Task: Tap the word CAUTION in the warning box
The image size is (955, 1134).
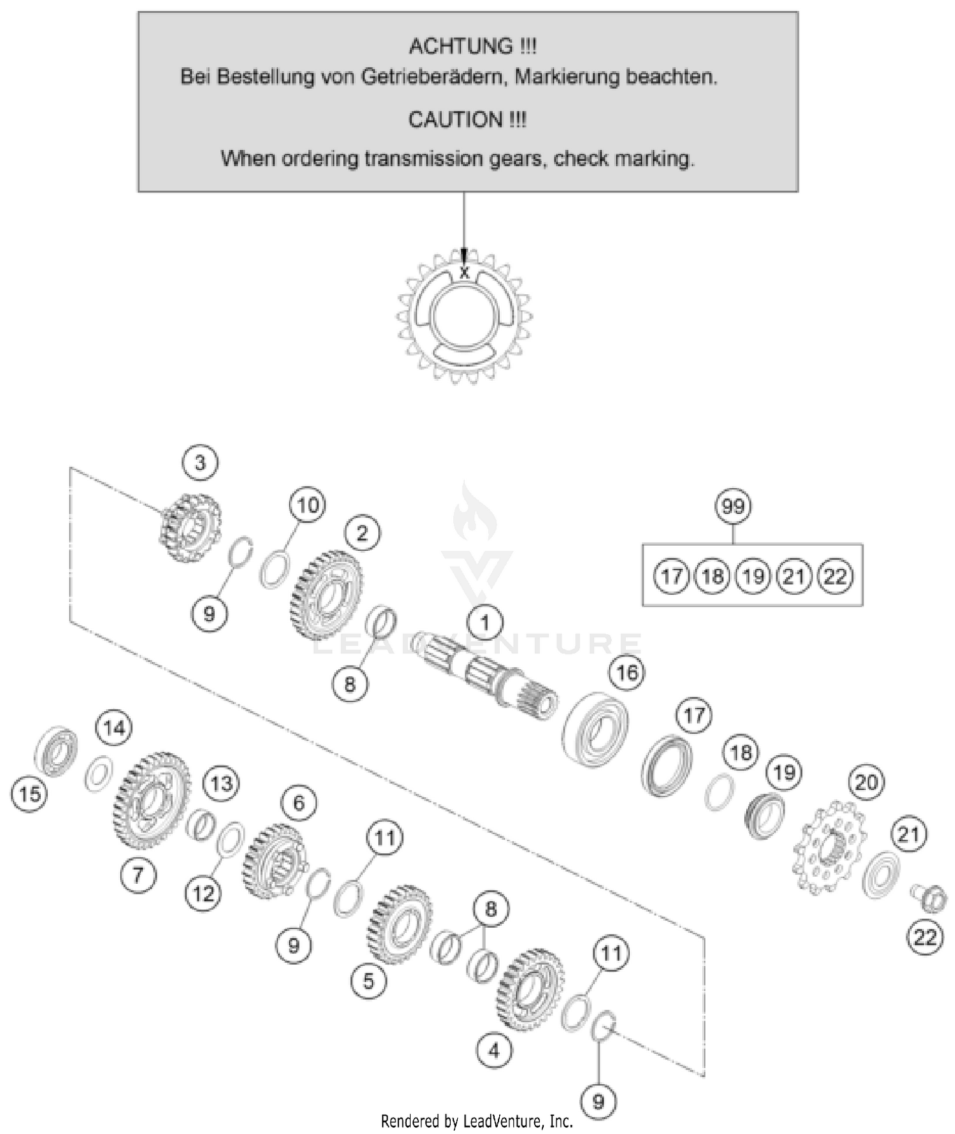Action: coord(455,120)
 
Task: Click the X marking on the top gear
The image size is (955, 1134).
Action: coord(465,273)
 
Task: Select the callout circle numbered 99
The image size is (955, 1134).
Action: coord(733,506)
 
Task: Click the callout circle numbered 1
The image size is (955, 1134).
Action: coord(485,622)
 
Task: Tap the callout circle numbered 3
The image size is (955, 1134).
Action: coord(200,462)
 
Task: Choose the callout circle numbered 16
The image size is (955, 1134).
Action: coord(627,672)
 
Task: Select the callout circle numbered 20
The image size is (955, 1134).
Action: coord(866,782)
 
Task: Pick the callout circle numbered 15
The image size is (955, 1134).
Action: coord(29,794)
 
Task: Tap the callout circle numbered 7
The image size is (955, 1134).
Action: coord(138,874)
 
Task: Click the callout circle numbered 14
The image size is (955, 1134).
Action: coord(114,727)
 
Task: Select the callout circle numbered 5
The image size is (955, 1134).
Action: coord(369,981)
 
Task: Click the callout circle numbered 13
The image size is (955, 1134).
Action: coord(221,783)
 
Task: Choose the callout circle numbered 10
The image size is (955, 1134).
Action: coord(308,505)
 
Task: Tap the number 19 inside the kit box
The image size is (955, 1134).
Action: coord(753,576)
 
